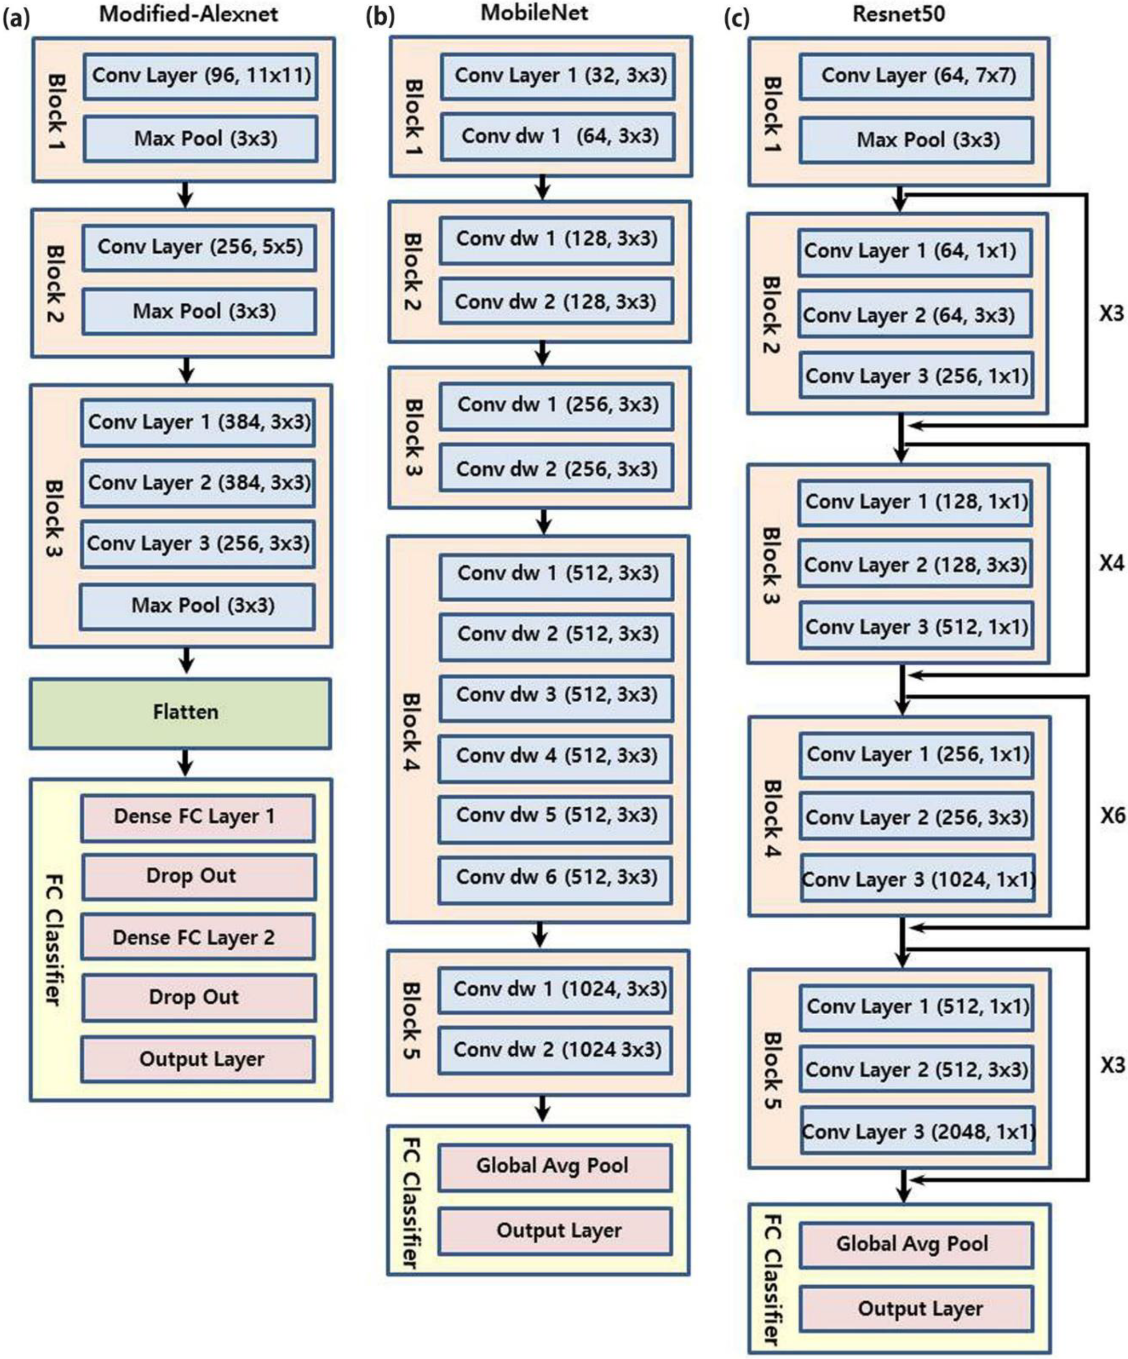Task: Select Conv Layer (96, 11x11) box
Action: coord(201,76)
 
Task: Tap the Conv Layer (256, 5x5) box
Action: coord(199,247)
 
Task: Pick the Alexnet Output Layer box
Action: coord(198,1059)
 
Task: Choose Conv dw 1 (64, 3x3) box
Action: coord(558,137)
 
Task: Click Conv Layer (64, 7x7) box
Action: coord(916,76)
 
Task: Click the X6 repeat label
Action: coord(1112,817)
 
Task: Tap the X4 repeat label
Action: coord(1112,564)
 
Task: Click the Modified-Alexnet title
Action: coord(188,14)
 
